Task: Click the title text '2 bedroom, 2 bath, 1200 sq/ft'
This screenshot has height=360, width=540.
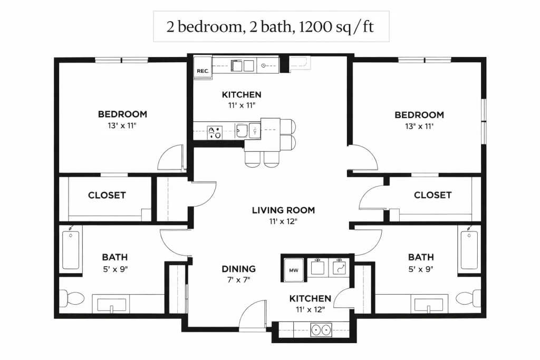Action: [x=271, y=26]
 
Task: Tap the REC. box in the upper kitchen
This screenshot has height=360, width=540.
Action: [x=203, y=68]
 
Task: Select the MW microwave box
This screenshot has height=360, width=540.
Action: [x=293, y=270]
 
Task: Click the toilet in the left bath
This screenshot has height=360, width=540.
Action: [x=72, y=298]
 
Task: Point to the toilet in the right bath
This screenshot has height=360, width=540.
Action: [x=468, y=298]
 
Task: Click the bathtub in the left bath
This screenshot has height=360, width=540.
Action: [x=71, y=249]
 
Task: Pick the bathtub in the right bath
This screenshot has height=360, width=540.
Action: [x=469, y=249]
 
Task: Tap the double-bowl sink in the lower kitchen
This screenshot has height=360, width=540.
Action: [x=321, y=330]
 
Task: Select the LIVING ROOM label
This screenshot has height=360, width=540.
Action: [x=283, y=210]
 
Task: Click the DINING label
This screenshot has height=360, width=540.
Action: [x=239, y=269]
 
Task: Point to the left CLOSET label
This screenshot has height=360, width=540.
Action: [x=107, y=195]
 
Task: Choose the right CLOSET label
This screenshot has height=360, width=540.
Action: [x=432, y=195]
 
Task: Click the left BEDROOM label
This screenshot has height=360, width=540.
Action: [x=122, y=114]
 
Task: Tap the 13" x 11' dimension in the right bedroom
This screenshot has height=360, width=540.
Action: [x=419, y=126]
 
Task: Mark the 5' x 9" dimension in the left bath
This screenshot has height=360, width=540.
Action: [x=115, y=269]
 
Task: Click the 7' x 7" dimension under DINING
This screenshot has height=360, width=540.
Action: [x=239, y=279]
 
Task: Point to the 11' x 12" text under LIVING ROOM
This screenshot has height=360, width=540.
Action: [x=283, y=221]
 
